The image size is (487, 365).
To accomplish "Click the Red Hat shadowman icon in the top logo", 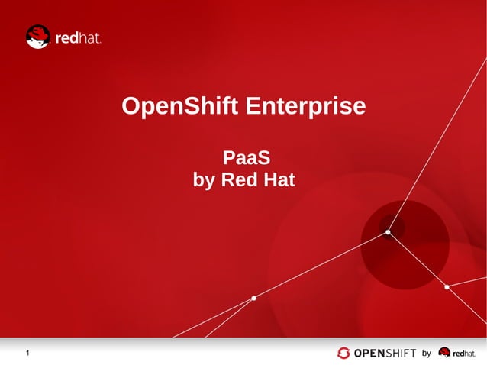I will pos(37,37).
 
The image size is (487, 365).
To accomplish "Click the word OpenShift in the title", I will pos(179,107).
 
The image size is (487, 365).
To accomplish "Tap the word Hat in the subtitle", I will pos(279,181).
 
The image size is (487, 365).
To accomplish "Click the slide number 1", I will pos(27,353).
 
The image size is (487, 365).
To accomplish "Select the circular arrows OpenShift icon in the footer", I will pos(344,353).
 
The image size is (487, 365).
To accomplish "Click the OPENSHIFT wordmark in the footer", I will pos(385,353).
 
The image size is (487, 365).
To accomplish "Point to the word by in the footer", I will pos(427,353).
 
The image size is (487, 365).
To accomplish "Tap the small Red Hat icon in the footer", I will pos(444,353).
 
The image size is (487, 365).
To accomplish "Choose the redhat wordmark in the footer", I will pos(463,354).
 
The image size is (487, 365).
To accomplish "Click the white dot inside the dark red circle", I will pos(388,231).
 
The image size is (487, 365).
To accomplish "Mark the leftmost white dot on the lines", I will pos(253,298).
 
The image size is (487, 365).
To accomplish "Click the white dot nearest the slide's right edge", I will pos(447,287).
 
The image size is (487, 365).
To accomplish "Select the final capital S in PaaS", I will pos(265,159).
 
